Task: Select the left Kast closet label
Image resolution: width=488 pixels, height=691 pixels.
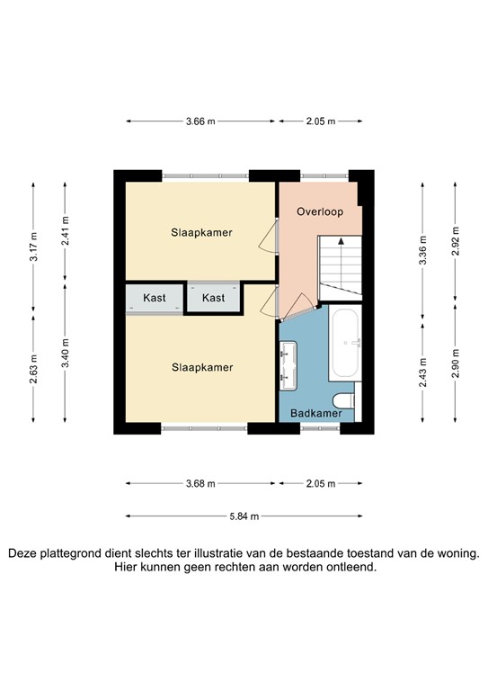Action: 155,298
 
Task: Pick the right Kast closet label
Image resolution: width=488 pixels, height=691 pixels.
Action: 214,298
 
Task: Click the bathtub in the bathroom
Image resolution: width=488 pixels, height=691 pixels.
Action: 345,345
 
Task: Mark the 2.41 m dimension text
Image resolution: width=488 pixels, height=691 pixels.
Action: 65,229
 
